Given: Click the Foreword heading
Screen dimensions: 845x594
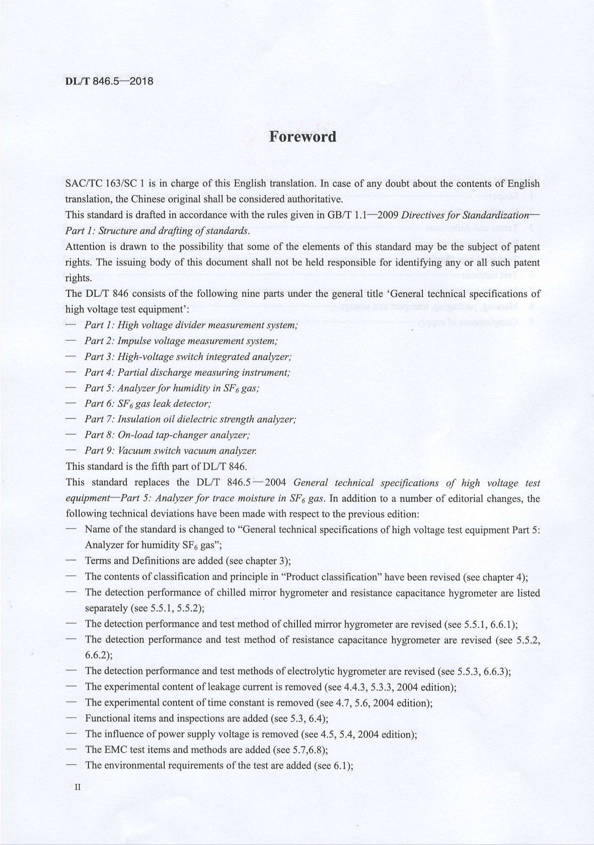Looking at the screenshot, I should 302,137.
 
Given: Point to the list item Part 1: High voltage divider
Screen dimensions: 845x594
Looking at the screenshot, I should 191,326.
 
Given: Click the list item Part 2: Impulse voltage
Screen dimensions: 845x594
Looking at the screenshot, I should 181,341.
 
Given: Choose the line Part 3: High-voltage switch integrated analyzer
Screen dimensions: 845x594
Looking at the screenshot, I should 188,357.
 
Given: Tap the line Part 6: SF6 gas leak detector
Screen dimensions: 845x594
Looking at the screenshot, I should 147,404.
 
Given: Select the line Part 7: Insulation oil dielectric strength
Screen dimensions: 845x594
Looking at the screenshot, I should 190,420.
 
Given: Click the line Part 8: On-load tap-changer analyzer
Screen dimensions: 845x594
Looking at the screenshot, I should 167,435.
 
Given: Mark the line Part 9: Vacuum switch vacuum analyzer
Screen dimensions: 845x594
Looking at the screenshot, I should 171,451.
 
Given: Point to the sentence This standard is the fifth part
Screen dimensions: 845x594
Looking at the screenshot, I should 156,467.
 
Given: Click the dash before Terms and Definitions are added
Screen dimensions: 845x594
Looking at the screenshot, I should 71,561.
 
